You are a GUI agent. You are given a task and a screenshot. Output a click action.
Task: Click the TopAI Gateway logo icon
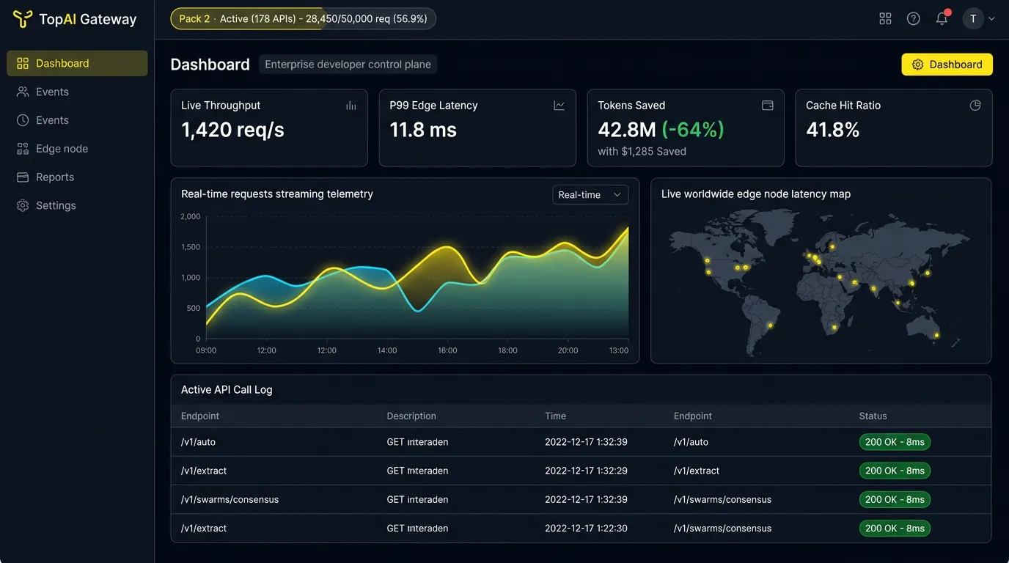(23, 19)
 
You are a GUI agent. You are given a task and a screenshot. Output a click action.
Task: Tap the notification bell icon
(942, 18)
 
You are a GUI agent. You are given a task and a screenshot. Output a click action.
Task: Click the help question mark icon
(913, 18)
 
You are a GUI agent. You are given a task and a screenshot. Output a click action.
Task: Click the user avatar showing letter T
(973, 19)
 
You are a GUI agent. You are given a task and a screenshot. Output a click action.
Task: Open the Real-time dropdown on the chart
(590, 194)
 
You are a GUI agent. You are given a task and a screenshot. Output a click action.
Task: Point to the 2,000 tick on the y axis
(190, 217)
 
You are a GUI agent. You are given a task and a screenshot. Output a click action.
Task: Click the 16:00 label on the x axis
(447, 350)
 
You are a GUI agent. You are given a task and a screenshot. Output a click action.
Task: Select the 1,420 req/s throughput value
(232, 130)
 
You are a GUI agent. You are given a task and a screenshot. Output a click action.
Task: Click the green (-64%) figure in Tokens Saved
(692, 130)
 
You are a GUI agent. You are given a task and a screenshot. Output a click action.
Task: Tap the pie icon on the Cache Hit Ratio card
(975, 106)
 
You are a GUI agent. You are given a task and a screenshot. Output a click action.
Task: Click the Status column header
(873, 416)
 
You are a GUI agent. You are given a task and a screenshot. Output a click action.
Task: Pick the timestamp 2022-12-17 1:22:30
(586, 529)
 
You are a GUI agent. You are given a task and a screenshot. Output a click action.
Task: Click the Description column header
(411, 416)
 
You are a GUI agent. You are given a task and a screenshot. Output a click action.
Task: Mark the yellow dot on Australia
(936, 335)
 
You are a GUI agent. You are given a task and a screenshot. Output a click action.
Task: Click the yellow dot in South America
(770, 325)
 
